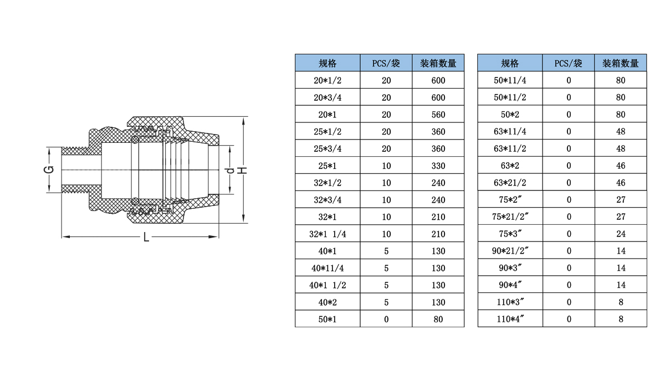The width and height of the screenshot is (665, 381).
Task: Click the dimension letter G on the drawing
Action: coord(49,169)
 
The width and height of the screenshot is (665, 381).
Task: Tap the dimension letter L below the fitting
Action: coord(146,238)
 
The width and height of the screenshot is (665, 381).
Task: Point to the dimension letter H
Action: coord(243,171)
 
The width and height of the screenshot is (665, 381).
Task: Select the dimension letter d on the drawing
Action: coord(230,171)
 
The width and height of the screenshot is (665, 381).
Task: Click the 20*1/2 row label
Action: coord(328,80)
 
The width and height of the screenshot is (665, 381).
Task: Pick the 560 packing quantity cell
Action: coord(438,115)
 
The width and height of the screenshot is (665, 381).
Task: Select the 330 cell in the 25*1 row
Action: coord(438,166)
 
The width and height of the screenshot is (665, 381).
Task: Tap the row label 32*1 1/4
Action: coord(328,234)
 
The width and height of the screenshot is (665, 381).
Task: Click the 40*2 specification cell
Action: coord(328,302)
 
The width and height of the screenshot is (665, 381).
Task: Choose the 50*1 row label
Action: coord(328,320)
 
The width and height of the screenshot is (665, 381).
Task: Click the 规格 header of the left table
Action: coord(328,63)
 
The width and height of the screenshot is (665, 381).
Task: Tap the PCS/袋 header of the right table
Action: coord(568,63)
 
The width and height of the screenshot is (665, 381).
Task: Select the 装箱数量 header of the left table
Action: coord(438,63)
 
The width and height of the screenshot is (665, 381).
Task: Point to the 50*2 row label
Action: coord(510,115)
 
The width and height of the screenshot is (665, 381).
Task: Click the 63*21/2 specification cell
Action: coord(510,183)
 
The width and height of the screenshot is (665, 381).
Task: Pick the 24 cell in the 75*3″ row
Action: coord(621,234)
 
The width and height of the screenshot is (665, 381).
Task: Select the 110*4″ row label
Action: coord(510,319)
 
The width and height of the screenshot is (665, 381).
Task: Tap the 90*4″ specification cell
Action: coord(510,285)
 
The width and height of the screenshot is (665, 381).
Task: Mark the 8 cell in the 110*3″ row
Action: coord(621,302)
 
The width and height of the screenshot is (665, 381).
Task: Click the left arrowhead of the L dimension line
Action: coord(65,237)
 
